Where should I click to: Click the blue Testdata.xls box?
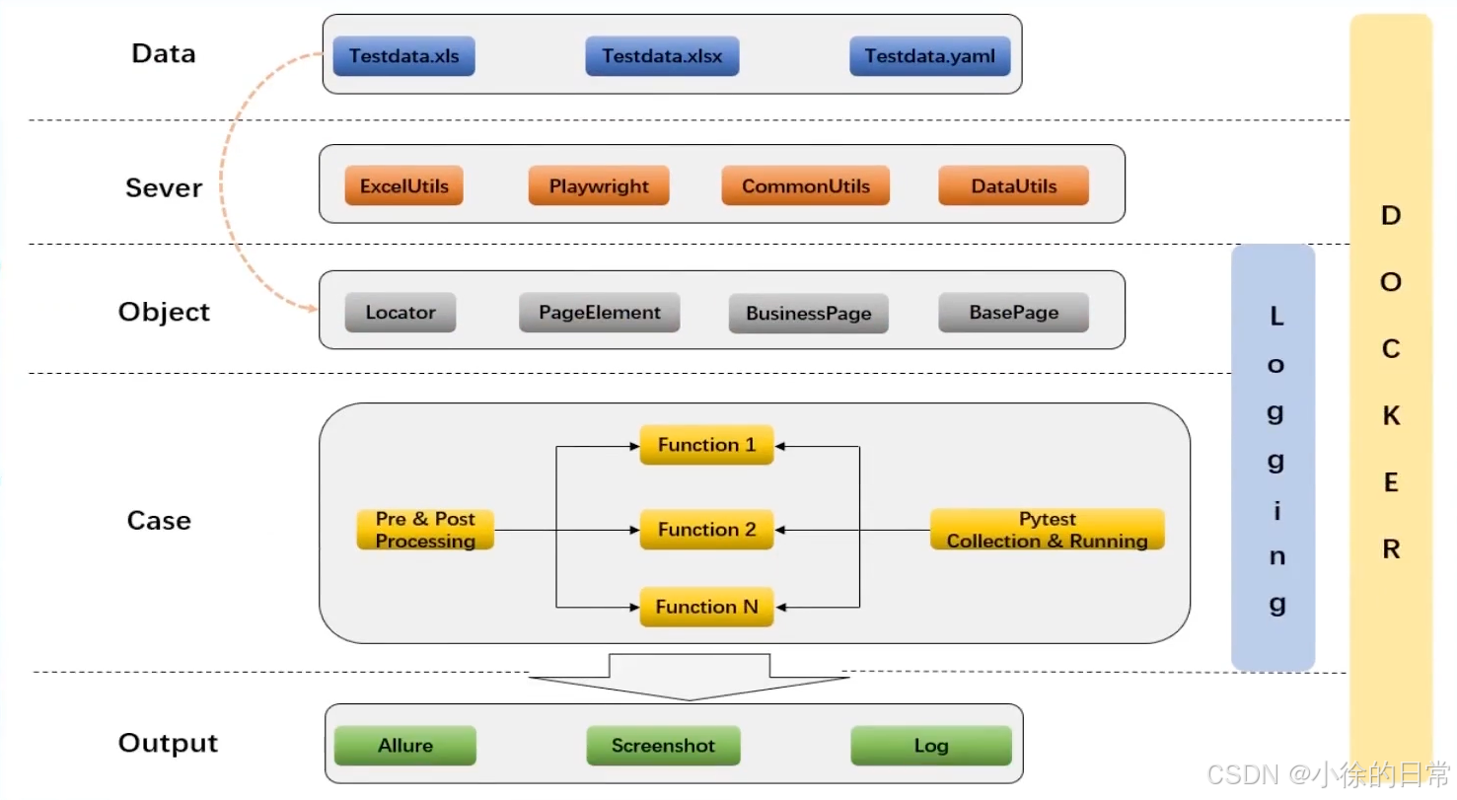pyautogui.click(x=404, y=56)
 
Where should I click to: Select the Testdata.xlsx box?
pyautogui.click(x=662, y=56)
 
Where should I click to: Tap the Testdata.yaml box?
pyautogui.click(x=929, y=56)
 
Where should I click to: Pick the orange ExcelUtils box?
pyautogui.click(x=403, y=185)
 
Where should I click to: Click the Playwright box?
pyautogui.click(x=599, y=185)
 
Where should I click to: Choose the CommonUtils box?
pyautogui.click(x=805, y=185)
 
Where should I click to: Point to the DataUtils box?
pyautogui.click(x=1013, y=185)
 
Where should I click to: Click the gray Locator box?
pyautogui.click(x=400, y=313)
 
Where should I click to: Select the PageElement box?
pyautogui.click(x=599, y=313)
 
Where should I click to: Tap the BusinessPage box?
pyautogui.click(x=808, y=314)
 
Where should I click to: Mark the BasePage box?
pyautogui.click(x=1013, y=313)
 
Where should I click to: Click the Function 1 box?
pyautogui.click(x=706, y=445)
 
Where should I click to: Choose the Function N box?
pyautogui.click(x=706, y=607)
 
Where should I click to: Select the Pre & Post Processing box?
pyautogui.click(x=425, y=530)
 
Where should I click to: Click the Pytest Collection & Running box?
pyautogui.click(x=1047, y=530)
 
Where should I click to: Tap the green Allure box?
pyautogui.click(x=404, y=746)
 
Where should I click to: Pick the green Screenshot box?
pyautogui.click(x=663, y=746)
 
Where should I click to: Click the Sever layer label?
pyautogui.click(x=163, y=187)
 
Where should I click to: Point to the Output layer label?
pyautogui.click(x=168, y=743)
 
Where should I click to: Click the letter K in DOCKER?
pyautogui.click(x=1390, y=416)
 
